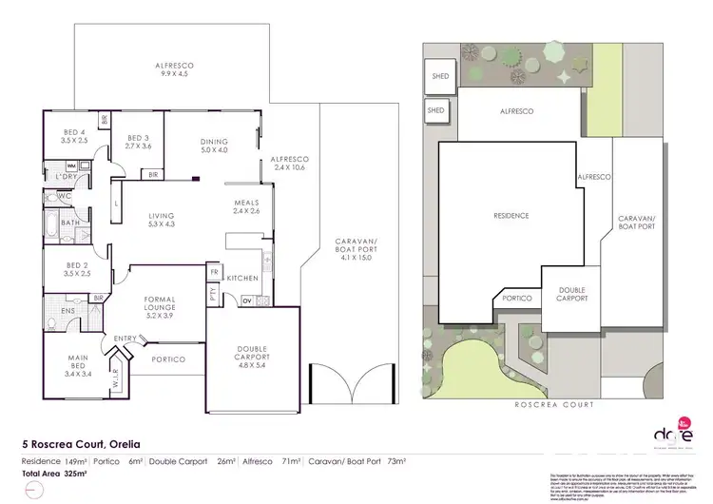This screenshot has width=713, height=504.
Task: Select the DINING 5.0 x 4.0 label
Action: [x=214, y=145]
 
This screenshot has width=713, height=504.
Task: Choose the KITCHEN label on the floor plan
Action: [x=243, y=277]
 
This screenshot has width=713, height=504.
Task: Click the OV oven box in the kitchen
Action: [x=247, y=301]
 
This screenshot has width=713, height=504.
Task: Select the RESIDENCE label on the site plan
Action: [x=510, y=216]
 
